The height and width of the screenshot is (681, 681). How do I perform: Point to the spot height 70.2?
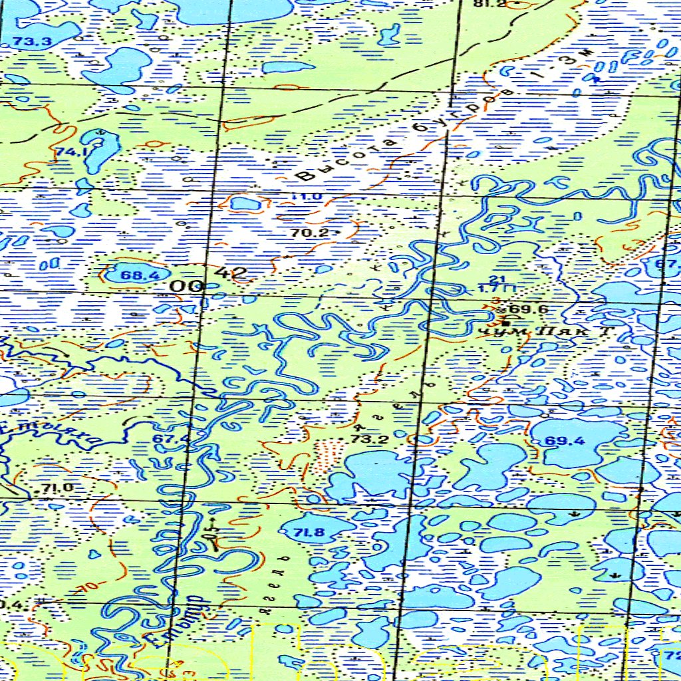click(x=310, y=233)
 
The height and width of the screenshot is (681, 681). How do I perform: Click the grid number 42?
click(x=231, y=273)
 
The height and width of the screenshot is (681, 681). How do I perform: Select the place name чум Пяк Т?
click(x=545, y=330)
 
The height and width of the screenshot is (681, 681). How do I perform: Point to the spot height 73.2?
click(x=364, y=440)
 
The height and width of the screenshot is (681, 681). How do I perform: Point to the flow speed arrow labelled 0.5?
click(x=212, y=532)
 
